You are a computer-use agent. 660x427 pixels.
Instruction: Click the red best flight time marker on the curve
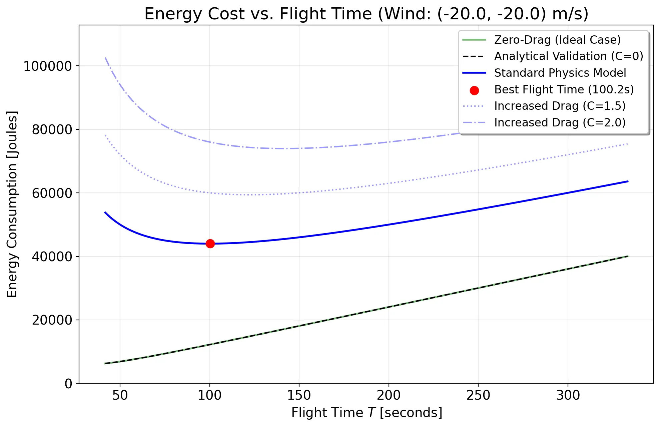coord(210,244)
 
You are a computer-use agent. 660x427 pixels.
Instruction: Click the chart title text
coord(366,14)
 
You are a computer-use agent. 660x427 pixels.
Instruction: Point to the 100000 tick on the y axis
coord(47,66)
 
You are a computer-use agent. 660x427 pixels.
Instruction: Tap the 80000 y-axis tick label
coord(52,129)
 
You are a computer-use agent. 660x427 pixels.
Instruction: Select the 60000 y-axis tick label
coord(52,193)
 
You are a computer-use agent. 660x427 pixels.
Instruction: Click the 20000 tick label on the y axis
coord(52,320)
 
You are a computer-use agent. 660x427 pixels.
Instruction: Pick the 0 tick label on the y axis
coord(68,384)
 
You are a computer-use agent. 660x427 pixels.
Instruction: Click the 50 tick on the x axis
coord(120,395)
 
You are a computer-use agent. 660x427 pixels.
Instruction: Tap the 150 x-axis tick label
coord(299,395)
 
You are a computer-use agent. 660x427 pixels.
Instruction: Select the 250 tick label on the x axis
coord(478,395)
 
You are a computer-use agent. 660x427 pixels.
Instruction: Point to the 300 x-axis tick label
coord(568,395)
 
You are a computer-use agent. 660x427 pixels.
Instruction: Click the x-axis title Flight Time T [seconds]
coord(367,413)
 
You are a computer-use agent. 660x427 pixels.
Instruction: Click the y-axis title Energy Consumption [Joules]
coord(12,204)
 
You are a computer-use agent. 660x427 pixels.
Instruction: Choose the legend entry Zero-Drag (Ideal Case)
coord(557,40)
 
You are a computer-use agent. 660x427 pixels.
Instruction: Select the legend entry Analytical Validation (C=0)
coord(569,56)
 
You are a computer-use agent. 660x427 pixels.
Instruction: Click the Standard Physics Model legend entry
coord(560,73)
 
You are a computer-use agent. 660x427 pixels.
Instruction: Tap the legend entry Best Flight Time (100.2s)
coord(564,89)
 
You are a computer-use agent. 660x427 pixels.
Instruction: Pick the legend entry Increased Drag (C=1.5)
coord(560,106)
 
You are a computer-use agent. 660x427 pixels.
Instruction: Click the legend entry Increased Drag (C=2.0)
coord(560,122)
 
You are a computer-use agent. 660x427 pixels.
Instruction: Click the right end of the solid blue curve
coord(628,181)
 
